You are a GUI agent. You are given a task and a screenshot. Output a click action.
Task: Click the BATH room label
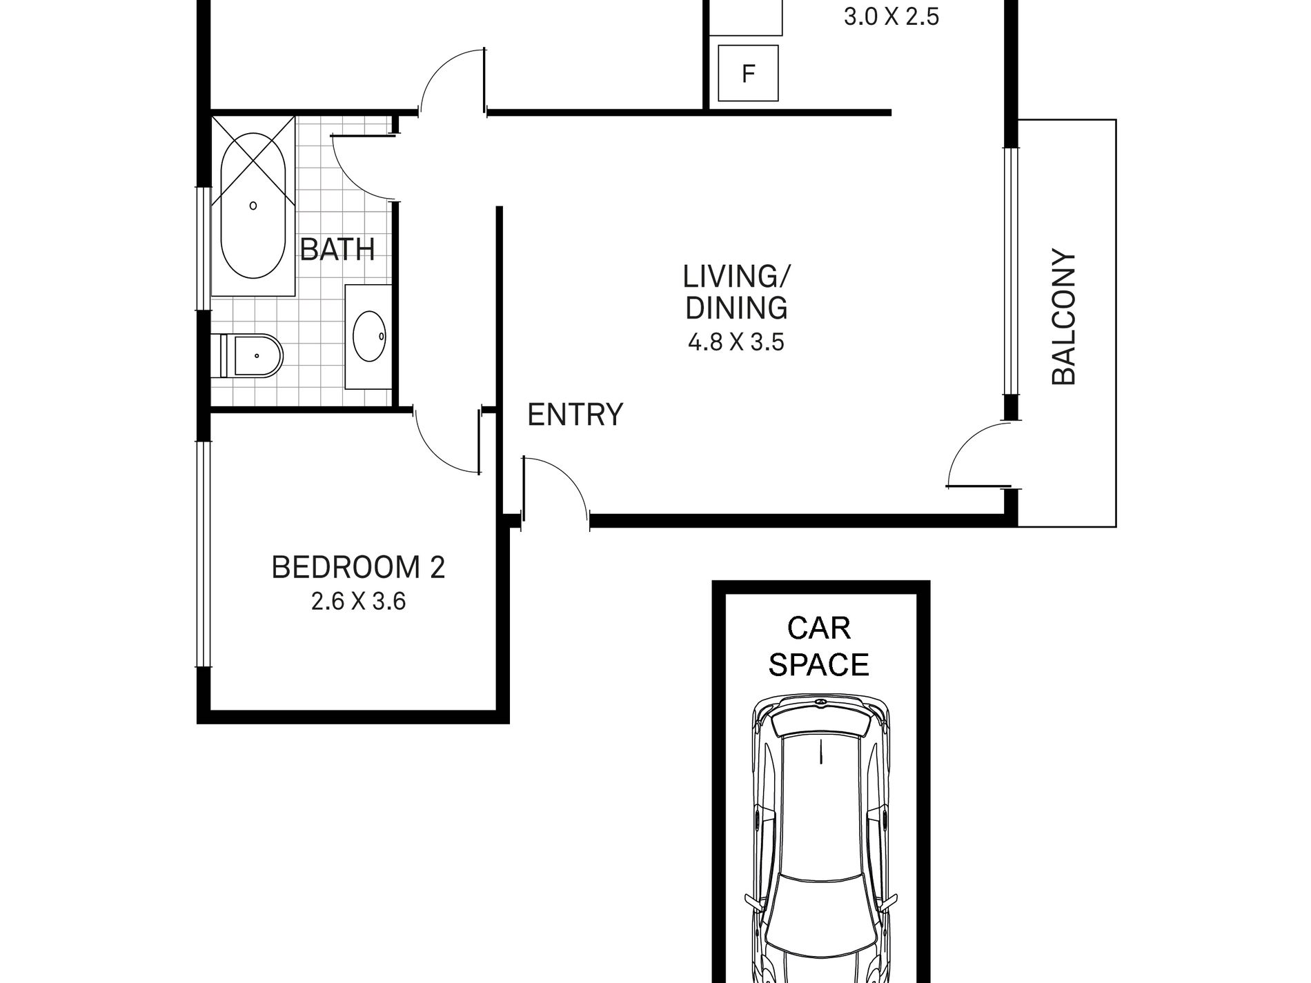point(337,249)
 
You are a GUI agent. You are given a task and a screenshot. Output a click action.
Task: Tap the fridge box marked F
point(748,73)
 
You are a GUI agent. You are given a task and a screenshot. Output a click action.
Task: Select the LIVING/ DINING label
point(736,292)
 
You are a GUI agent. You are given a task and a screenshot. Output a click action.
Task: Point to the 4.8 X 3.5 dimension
point(736,342)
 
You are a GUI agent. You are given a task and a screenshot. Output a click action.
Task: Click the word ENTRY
point(575,415)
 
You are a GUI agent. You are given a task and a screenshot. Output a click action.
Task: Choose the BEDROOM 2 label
point(358,568)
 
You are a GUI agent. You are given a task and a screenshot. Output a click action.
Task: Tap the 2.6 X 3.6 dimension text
point(358,602)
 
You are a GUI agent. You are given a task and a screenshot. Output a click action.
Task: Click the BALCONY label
point(1063,317)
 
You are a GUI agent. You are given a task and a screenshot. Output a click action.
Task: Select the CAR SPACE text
point(819,647)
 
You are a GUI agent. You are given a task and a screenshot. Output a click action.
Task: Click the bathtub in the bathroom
point(253,207)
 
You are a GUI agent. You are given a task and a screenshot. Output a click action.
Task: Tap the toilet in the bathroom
point(248,356)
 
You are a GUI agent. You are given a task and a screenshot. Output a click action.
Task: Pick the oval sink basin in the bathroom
point(369,336)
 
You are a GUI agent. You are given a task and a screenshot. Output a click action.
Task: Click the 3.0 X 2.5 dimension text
point(891,17)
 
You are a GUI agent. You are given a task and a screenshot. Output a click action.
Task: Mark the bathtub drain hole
point(253,206)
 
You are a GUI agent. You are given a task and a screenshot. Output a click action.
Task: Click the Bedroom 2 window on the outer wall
point(203,554)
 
